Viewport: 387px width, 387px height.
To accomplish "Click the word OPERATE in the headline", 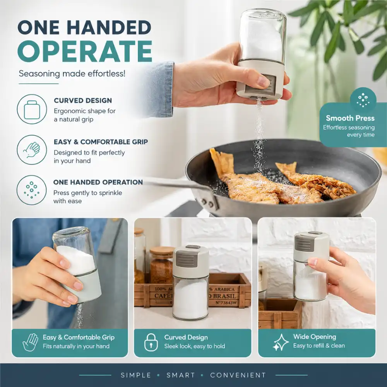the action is pos(85,51).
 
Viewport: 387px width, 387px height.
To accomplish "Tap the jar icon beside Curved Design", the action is pos(32,110).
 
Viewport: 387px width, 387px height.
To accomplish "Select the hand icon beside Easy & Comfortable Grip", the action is pos(32,150).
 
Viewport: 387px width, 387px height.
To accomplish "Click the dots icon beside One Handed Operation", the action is pos(32,190).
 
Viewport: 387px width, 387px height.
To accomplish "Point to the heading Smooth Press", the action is pos(350,118).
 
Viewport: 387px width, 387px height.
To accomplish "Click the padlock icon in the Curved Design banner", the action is pos(151,342).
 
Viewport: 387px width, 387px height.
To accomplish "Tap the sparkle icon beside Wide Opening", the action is pos(281,342).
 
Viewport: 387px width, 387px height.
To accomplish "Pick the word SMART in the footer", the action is pos(181,375).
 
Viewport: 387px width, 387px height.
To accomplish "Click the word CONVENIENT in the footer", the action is pos(238,375).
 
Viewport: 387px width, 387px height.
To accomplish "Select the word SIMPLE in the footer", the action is pos(136,375).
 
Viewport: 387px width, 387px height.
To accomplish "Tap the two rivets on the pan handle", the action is pos(207,203).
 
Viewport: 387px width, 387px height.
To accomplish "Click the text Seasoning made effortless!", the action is pos(72,74).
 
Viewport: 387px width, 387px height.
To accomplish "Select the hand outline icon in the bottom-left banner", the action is pos(30,342).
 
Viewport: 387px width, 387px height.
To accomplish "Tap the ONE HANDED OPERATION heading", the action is pos(98,182).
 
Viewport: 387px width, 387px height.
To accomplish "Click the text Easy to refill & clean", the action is pos(319,346).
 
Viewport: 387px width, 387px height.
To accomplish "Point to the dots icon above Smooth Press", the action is pos(363,100).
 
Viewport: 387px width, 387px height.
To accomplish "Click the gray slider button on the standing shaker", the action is pos(187,258).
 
